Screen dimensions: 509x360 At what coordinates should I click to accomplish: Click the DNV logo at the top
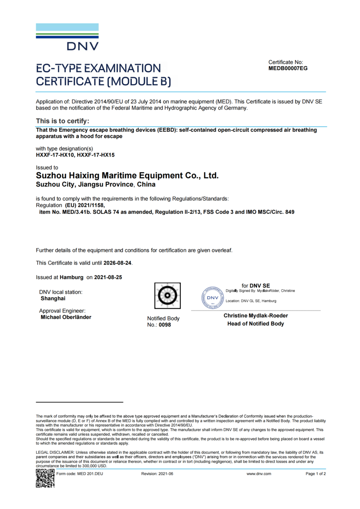pos(67,37)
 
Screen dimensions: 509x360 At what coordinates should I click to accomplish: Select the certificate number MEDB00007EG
pos(288,68)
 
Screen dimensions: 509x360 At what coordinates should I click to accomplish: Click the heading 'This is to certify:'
pos(62,121)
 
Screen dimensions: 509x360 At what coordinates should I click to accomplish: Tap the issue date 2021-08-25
pos(108,277)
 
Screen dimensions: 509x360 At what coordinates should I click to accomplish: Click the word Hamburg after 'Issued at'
pos(72,277)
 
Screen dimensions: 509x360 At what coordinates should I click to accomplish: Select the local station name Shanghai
pos(53,299)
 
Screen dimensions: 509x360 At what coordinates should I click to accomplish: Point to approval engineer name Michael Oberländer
pos(66,317)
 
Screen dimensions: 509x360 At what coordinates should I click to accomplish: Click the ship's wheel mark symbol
pos(167,296)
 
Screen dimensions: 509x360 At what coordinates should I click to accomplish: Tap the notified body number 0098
pos(165,325)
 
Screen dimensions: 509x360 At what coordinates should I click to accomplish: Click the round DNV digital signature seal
pos(213,298)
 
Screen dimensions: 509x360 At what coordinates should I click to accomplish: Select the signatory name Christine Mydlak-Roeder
pos(255,316)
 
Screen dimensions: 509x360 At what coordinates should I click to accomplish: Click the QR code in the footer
pos(45,478)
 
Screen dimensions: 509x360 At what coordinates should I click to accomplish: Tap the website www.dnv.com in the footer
pos(259,474)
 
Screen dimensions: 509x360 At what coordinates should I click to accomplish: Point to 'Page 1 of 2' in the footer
pos(316,474)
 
